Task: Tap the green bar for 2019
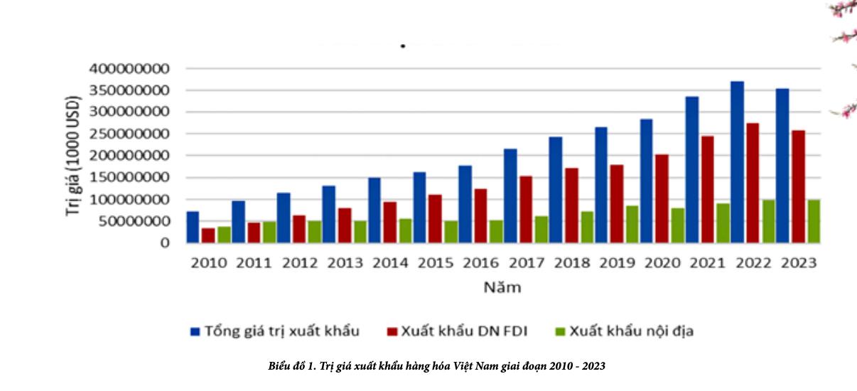pos(632,224)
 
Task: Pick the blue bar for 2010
pos(193,227)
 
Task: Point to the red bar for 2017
pos(525,209)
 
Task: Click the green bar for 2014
pos(404,230)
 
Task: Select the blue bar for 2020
pos(646,181)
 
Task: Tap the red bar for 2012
pos(299,228)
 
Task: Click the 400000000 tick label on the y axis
pos(130,69)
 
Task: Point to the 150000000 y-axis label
pos(130,178)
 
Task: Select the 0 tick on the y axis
pos(165,243)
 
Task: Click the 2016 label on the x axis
pos(480,263)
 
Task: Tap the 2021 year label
pos(707,263)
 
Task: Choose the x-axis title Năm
pos(502,288)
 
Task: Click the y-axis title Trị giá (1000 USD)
pos(73,155)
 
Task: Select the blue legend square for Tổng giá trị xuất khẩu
pos(195,331)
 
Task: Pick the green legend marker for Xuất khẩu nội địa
pos(559,331)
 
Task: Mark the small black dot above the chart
pos(403,46)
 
